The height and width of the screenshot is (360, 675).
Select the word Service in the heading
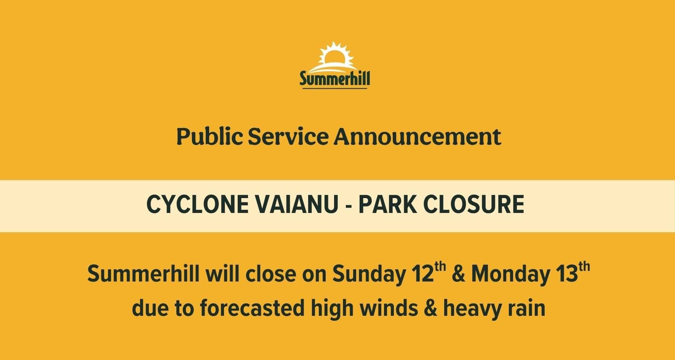click(288, 137)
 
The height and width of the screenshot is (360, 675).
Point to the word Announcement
click(417, 137)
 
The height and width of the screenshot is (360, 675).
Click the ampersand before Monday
click(458, 274)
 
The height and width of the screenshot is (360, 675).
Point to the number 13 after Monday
click(567, 274)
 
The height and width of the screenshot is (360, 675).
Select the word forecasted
click(252, 308)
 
